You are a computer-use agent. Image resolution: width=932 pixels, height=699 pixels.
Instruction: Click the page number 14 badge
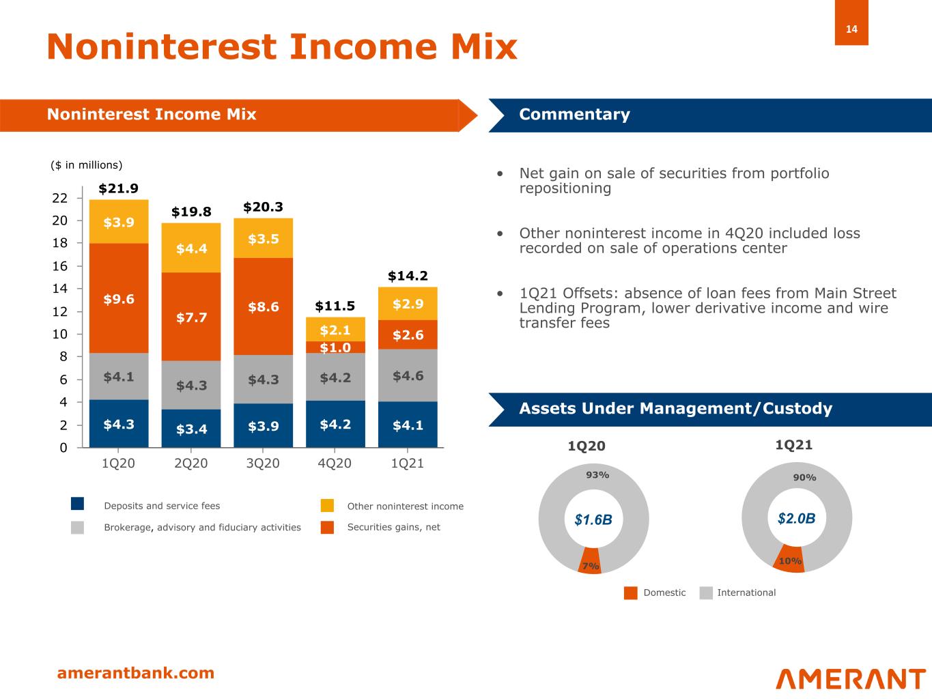pyautogui.click(x=851, y=29)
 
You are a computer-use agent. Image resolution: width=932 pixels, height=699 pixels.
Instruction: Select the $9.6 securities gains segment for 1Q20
pyautogui.click(x=119, y=299)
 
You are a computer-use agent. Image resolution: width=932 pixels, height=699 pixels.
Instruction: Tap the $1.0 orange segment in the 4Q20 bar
pyautogui.click(x=335, y=347)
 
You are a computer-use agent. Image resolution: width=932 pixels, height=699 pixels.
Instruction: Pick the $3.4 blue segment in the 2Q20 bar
pyautogui.click(x=191, y=429)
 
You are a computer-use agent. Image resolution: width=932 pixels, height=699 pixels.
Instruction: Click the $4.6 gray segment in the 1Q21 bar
pyautogui.click(x=408, y=375)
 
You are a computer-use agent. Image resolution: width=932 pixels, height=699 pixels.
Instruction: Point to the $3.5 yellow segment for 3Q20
pyautogui.click(x=263, y=239)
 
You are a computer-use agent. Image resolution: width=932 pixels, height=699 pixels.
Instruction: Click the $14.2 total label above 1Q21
pyautogui.click(x=408, y=276)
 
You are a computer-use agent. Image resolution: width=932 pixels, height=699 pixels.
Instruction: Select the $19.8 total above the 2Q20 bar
pyautogui.click(x=191, y=212)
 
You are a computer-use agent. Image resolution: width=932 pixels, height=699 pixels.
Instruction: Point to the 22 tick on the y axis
pyautogui.click(x=59, y=199)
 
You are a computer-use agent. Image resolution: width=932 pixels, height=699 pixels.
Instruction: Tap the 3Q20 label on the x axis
pyautogui.click(x=263, y=463)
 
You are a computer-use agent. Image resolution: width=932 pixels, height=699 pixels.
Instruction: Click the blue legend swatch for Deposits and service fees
pyautogui.click(x=77, y=505)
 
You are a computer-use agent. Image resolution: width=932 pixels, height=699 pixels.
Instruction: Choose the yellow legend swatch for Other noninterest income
pyautogui.click(x=327, y=506)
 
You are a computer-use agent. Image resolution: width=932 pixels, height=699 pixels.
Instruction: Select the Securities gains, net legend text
pyautogui.click(x=393, y=527)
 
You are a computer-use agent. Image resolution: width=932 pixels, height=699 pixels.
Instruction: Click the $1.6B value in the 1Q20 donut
pyautogui.click(x=593, y=520)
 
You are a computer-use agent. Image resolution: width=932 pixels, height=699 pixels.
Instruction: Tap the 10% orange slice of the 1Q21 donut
pyautogui.click(x=790, y=559)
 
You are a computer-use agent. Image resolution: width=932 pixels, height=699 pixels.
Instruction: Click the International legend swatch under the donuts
pyautogui.click(x=706, y=593)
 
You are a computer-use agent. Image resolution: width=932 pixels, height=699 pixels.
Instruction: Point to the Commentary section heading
pyautogui.click(x=574, y=115)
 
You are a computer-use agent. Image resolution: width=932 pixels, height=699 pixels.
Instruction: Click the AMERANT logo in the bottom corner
pyautogui.click(x=850, y=679)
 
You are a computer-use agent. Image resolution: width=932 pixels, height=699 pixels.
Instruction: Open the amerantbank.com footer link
pyautogui.click(x=135, y=673)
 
